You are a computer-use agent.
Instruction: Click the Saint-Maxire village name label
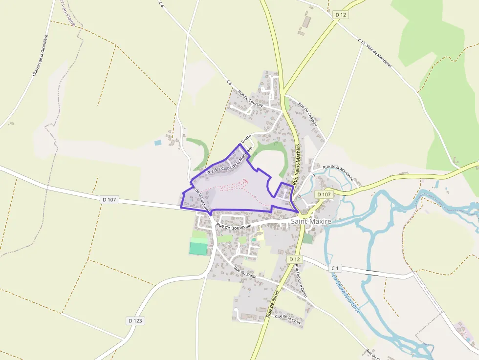pos(311,221)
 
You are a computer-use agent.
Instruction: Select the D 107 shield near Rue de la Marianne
pos(324,194)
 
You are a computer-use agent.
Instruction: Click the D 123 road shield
pos(135,320)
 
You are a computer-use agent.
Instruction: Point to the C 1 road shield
pos(335,268)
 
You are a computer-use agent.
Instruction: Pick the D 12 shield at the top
pos(341,15)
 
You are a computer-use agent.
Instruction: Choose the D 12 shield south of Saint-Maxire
pos(294,259)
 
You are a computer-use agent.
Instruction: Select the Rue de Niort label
pos(272,304)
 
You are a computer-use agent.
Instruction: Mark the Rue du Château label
pos(308,114)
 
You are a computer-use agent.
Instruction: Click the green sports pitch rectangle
pos(198,248)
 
